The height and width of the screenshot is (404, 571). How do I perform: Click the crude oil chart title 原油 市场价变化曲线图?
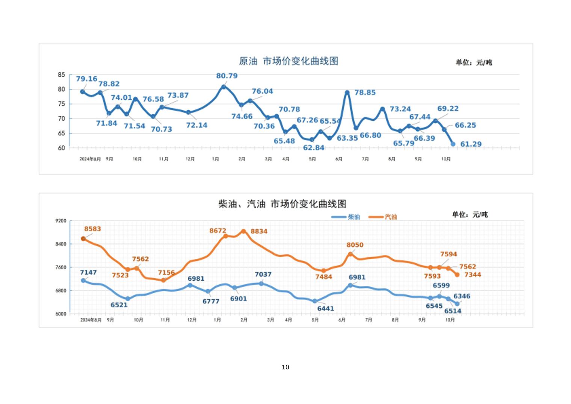289,61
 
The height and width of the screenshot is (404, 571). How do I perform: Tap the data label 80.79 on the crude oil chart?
227,76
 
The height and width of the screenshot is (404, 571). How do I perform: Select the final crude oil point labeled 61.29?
453,144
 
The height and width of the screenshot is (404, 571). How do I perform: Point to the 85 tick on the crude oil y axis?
62,75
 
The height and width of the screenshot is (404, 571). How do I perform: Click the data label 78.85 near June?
365,93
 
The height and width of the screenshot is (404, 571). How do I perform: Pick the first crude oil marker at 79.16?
83,91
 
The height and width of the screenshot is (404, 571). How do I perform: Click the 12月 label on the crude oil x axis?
190,159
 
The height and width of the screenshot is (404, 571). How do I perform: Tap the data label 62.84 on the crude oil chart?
313,148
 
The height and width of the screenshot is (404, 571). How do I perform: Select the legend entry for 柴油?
346,217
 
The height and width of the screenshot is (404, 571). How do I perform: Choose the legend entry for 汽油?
383,217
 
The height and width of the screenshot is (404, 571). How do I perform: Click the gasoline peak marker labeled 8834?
243,231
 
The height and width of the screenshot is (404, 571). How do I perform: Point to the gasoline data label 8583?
92,229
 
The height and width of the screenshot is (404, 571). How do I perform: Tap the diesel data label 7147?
88,272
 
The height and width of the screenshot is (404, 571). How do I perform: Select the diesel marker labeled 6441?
315,301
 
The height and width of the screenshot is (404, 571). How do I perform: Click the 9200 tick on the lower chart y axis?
61,221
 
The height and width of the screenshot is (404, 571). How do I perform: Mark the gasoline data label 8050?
355,245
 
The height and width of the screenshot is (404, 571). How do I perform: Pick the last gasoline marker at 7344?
457,275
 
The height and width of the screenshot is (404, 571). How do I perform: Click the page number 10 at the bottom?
285,367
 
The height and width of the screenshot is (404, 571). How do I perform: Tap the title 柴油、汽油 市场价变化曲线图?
282,204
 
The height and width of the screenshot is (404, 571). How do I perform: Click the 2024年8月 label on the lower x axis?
91,320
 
